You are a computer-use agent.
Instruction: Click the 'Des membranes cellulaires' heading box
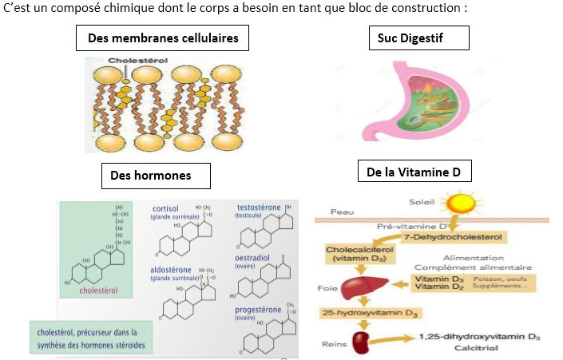pyautogui.click(x=163, y=38)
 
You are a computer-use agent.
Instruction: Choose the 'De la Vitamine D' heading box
pyautogui.click(x=414, y=172)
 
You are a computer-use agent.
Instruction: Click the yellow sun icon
pyautogui.click(x=460, y=203)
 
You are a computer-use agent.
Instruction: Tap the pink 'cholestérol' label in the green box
pyautogui.click(x=100, y=291)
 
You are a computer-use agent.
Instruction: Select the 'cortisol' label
pyautogui.click(x=165, y=209)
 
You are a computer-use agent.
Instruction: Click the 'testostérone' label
pyautogui.click(x=259, y=208)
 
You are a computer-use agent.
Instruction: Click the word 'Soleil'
pyautogui.click(x=422, y=200)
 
